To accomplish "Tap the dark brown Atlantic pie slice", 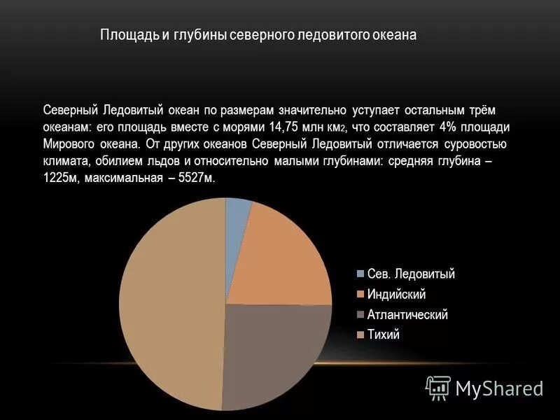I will pos(273,350).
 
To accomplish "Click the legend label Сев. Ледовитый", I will pos(411,274).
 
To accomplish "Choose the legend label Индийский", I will pos(396,294).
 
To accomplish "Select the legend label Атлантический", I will pos(407,314).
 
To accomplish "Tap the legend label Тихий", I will pos(384,335).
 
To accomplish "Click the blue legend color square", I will pos(360,274).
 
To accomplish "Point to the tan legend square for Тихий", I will pos(360,335).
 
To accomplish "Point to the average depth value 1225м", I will pos(60,178).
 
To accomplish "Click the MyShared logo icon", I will pos(438,387).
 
